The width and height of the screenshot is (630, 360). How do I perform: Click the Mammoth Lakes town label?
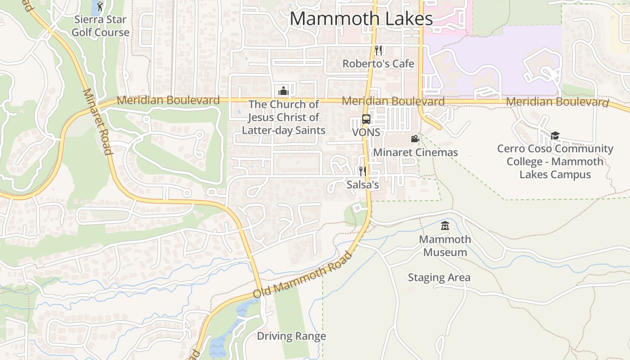tap(361, 19)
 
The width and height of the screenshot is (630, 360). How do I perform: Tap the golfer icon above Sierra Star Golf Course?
tap(100, 6)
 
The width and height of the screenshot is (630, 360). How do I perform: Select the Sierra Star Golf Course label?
tap(100, 26)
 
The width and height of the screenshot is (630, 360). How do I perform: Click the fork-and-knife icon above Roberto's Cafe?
tap(378, 50)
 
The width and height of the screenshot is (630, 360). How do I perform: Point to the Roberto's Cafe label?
tap(378, 63)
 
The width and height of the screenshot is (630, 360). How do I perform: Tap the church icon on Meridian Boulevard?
tap(283, 91)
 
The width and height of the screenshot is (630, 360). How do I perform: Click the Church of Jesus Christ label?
tap(283, 117)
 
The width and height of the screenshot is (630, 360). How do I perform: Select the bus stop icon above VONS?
tap(366, 119)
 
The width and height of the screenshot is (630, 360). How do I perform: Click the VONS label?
tap(366, 133)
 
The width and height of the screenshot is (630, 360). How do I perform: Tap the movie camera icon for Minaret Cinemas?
tap(415, 139)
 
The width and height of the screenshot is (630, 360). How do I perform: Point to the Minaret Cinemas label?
tap(415, 153)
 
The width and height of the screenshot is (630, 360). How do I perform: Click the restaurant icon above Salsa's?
tap(362, 171)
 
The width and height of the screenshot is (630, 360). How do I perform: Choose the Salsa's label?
tap(363, 184)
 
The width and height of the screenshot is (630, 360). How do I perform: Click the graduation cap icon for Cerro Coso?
tap(555, 135)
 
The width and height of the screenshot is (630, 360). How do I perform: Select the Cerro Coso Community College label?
tap(555, 162)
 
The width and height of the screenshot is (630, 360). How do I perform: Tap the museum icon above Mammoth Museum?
tap(445, 225)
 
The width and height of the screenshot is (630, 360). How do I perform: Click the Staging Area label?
tap(439, 278)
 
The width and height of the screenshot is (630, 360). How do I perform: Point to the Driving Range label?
tap(291, 336)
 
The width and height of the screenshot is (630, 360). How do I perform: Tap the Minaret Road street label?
tap(97, 121)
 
